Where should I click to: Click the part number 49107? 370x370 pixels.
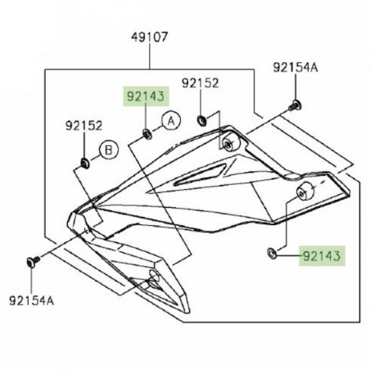[x=149, y=38]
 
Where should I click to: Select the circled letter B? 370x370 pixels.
[x=108, y=149]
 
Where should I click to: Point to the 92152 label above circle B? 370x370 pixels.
[x=84, y=127]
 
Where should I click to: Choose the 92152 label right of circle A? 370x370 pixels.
[x=201, y=83]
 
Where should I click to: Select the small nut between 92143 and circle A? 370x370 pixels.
[x=146, y=131]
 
